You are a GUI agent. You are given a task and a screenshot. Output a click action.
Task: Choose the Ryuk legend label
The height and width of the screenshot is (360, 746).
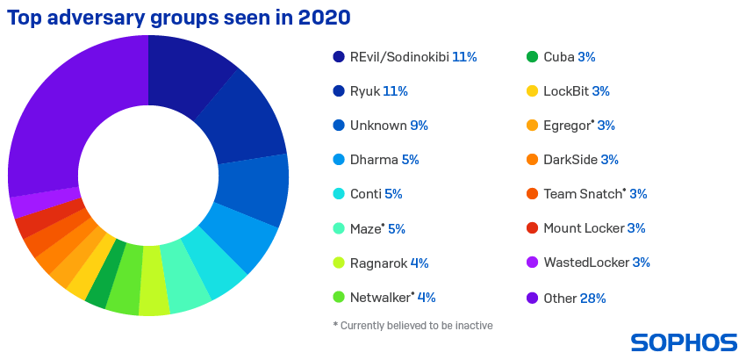click(x=367, y=90)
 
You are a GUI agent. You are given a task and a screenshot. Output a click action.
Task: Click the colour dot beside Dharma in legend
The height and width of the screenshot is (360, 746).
click(x=339, y=160)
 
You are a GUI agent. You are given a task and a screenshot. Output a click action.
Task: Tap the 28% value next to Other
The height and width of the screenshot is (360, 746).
click(x=592, y=298)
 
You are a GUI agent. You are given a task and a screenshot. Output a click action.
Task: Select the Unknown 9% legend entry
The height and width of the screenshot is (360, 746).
click(x=388, y=126)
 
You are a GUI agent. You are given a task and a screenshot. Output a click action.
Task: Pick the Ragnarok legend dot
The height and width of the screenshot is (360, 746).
click(x=339, y=263)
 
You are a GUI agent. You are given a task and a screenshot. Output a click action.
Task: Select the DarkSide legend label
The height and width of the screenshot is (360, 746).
click(x=570, y=160)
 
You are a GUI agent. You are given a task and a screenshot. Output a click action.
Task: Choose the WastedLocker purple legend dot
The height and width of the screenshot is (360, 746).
click(x=532, y=263)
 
